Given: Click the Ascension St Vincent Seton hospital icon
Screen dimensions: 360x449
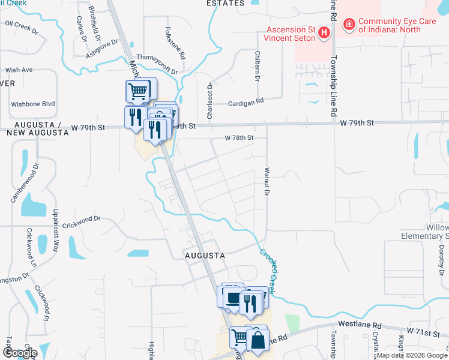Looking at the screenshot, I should point(325,32).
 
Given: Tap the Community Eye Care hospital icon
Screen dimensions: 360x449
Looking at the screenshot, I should point(349,25).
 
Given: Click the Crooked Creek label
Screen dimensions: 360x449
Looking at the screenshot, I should point(268,271).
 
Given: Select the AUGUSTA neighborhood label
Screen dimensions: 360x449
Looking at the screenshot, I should point(204,255).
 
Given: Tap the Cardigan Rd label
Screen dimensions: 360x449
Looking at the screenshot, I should point(246,103).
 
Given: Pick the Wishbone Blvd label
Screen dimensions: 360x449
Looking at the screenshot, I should point(32,104).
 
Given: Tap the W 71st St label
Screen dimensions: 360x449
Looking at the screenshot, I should point(423,331).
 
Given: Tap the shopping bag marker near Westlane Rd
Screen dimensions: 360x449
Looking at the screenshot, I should point(256,340).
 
